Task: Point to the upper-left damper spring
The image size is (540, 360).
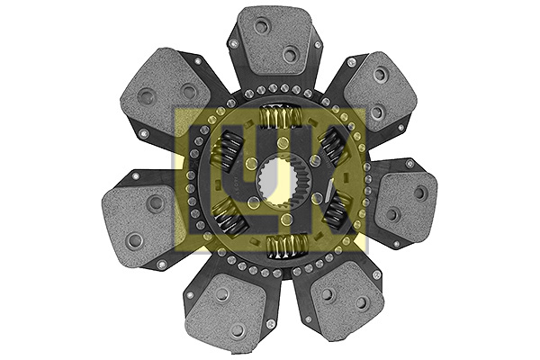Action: (229, 148)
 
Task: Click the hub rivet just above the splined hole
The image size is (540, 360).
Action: (283, 143)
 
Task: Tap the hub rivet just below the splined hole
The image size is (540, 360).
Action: (286, 218)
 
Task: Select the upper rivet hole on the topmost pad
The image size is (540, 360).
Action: (261, 26)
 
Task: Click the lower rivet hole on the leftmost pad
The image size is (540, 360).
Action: (134, 239)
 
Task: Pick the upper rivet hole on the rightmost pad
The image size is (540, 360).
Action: (421, 192)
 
